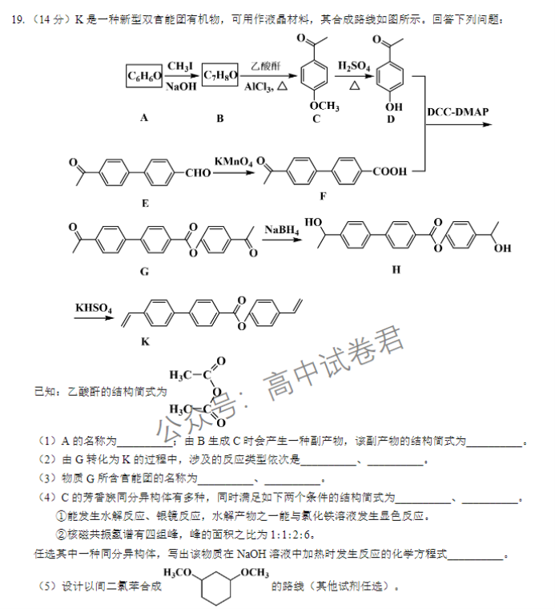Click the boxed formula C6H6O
[144, 76]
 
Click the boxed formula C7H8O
[220, 75]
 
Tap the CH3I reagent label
[180, 67]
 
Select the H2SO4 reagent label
[354, 67]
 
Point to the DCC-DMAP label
[458, 112]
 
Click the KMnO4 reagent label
[234, 162]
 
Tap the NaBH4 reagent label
[282, 230]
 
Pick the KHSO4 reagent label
[94, 308]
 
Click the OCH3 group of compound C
[324, 106]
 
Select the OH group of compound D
[393, 107]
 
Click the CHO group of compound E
[198, 173]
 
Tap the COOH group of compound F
[390, 171]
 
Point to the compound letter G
[144, 272]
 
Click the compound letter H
[396, 269]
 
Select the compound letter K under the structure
[145, 342]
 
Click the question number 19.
[18, 19]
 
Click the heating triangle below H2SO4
[354, 85]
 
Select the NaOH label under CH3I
[181, 87]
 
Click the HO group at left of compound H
[313, 222]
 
